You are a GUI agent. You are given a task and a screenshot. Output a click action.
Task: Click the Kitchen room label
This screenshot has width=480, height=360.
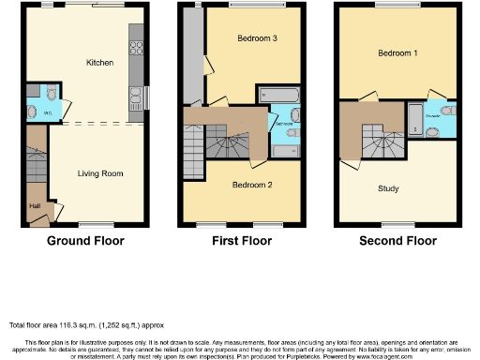[x=99, y=63]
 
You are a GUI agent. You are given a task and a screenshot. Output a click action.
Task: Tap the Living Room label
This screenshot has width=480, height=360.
[x=99, y=173]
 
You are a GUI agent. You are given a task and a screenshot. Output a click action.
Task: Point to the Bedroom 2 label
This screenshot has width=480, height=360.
[x=251, y=186]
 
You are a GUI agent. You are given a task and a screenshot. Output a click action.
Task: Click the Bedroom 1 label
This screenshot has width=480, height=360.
[x=397, y=53]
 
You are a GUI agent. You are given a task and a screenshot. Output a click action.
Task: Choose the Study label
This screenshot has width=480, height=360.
[x=388, y=188]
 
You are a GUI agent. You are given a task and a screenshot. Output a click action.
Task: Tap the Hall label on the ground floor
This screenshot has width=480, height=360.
[x=36, y=206]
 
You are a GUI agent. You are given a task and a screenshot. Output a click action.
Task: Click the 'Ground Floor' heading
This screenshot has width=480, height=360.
[x=85, y=241]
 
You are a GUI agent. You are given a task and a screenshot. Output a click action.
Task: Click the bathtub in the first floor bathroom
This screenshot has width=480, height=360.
[x=278, y=95]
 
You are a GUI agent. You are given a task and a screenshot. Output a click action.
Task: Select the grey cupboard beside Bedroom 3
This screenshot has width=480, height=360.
[x=193, y=56]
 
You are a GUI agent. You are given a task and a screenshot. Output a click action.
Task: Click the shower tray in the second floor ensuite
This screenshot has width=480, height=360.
[x=414, y=117]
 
